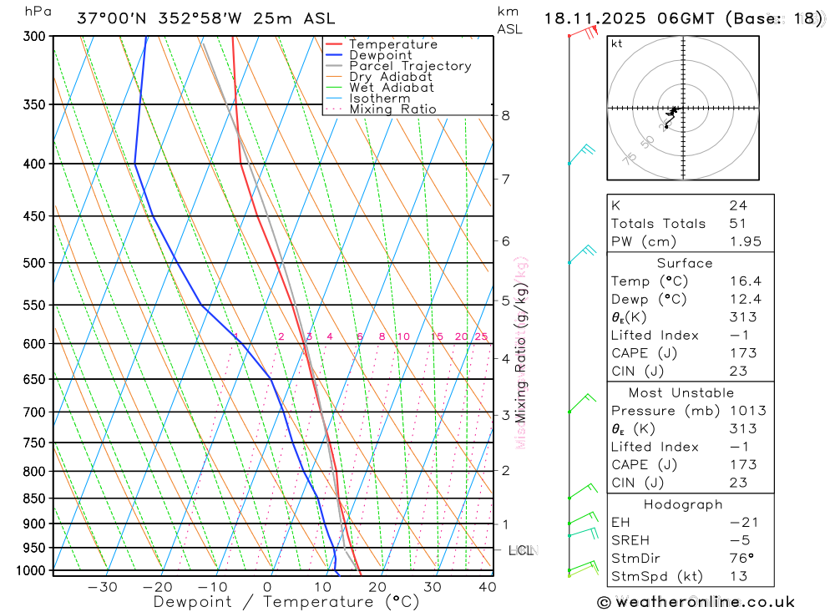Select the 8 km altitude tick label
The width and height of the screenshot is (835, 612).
coord(506,115)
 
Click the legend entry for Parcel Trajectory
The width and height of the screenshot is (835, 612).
coord(410,66)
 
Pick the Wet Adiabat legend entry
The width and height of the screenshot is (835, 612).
coord(392,88)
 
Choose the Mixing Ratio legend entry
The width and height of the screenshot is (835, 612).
coord(392,109)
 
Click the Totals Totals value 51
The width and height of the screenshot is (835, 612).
coord(737,224)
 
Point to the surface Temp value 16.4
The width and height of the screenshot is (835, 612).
coord(745,281)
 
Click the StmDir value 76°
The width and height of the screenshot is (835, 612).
coord(741,559)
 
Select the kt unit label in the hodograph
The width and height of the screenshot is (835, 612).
coord(617,43)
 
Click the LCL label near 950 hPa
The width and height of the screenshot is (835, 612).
coord(523,550)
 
